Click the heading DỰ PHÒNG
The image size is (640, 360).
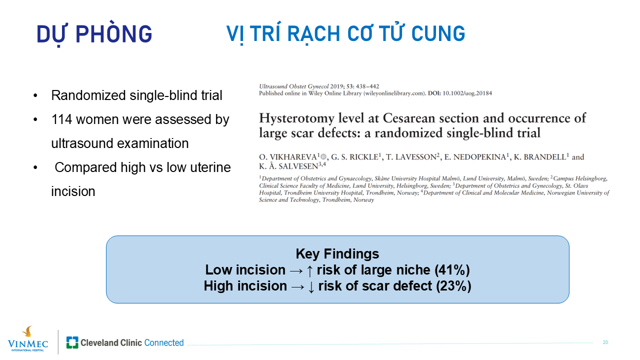tap(94, 34)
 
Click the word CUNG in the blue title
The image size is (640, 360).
tap(438, 33)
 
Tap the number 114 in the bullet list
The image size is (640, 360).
tap(61, 119)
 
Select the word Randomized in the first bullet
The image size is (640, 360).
tap(88, 95)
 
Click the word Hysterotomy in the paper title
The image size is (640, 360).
tap(296, 118)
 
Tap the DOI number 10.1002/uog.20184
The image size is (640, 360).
tap(467, 93)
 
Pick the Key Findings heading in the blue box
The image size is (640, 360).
tap(337, 253)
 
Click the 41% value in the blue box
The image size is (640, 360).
tap(452, 269)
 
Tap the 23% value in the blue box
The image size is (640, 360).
tap(453, 285)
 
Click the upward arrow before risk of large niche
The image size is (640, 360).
tap(309, 270)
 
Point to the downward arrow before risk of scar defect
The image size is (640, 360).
tap(311, 286)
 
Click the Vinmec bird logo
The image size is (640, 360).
tap(27, 331)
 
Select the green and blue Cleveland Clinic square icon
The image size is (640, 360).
tap(72, 342)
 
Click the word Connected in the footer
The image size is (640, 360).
tap(163, 342)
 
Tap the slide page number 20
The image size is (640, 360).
tap(605, 342)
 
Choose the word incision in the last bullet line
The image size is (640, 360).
tap(73, 191)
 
